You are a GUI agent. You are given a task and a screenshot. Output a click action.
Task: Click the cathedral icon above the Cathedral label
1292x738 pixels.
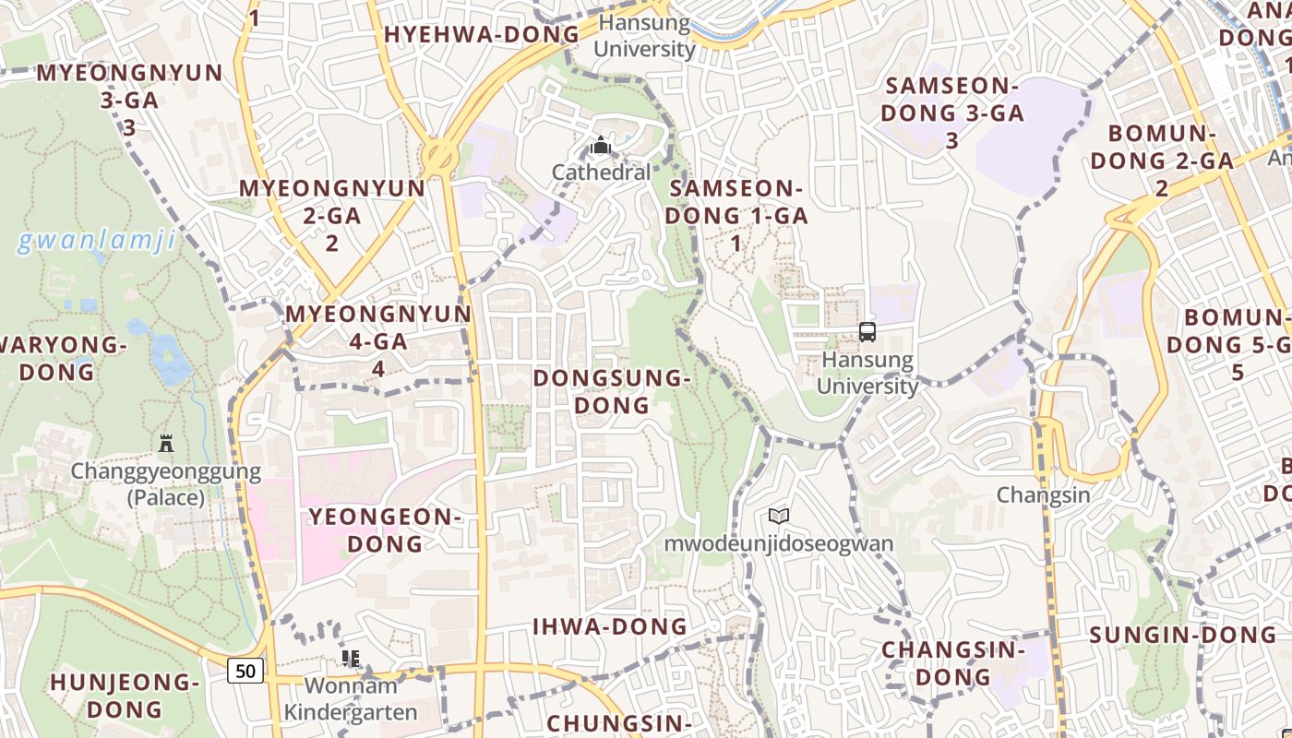tap(601, 146)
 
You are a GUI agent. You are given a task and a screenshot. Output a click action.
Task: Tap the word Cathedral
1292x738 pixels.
tap(601, 173)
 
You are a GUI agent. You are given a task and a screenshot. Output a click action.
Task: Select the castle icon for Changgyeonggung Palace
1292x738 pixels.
tap(166, 444)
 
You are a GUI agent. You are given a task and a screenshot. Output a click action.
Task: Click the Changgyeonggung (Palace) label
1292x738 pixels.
tap(166, 484)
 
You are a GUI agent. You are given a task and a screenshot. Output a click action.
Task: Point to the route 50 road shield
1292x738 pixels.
tap(245, 671)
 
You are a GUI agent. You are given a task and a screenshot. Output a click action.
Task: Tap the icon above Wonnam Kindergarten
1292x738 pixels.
tap(351, 659)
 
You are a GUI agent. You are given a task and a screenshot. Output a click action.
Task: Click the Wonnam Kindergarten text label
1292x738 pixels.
tap(351, 698)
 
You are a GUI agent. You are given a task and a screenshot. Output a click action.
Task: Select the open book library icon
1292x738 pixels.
tap(779, 517)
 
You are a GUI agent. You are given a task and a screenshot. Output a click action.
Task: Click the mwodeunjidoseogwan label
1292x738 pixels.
tap(779, 543)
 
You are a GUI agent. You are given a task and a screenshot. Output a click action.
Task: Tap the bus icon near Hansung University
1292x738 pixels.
tap(867, 332)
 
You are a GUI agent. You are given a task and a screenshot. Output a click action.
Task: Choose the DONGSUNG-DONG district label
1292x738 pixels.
tap(612, 391)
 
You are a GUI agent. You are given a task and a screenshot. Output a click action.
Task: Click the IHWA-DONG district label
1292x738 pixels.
tap(610, 626)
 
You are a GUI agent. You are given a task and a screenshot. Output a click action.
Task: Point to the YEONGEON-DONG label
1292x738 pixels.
tap(385, 530)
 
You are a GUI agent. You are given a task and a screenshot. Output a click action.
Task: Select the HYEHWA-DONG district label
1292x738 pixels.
tap(482, 35)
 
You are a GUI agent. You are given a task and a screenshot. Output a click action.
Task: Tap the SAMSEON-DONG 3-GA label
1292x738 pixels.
tap(951, 113)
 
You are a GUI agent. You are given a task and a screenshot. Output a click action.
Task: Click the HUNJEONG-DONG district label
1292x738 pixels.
tap(125, 696)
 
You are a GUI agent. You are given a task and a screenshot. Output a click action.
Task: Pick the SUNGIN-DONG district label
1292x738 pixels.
tap(1183, 635)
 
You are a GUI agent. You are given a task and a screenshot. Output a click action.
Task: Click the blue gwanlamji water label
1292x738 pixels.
tap(96, 242)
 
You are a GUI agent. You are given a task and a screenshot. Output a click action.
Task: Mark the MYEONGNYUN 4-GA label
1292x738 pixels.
tap(378, 340)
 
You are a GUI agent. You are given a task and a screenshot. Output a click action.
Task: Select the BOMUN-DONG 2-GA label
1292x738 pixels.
tap(1163, 160)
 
